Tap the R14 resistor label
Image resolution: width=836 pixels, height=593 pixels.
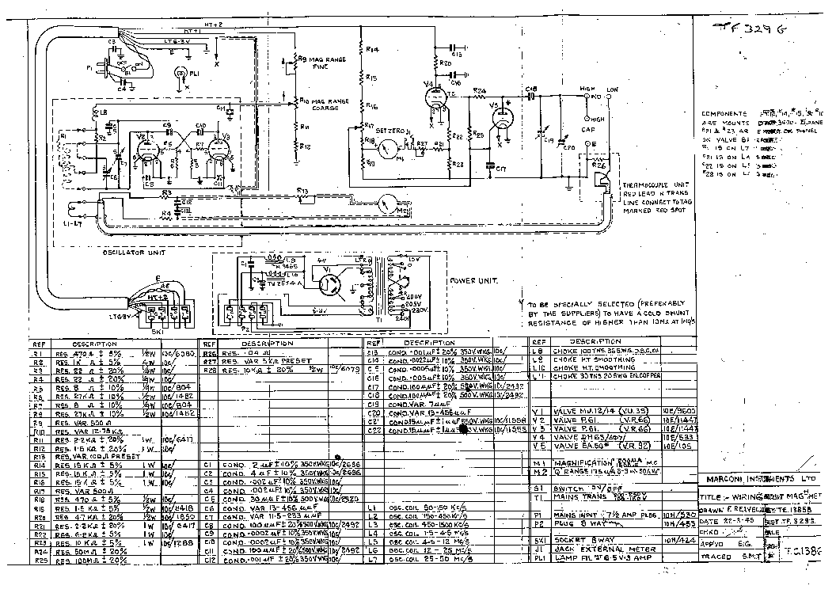tap(373, 50)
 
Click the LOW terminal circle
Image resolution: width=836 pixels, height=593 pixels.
tap(610, 97)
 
